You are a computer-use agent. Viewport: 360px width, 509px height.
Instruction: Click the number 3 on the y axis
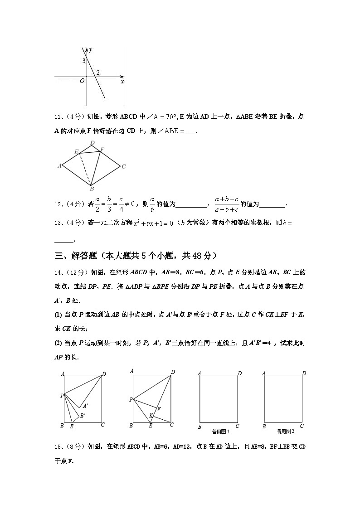coord(84,61)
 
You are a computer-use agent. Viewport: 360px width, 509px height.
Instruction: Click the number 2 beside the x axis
coord(98,73)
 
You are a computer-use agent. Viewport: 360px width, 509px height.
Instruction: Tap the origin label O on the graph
coord(82,81)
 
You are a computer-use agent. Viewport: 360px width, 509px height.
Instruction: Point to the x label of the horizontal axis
coord(122,82)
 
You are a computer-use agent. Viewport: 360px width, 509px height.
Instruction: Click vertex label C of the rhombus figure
coord(123,167)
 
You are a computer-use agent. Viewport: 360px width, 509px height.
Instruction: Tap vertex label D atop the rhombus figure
coord(92,143)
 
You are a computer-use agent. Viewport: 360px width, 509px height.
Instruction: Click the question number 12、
coord(59,204)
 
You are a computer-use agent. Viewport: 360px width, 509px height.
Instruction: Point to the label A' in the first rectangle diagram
coord(85,406)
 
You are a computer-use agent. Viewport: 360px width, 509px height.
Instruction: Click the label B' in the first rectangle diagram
coord(83,415)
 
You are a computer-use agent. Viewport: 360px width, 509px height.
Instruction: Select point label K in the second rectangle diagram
coord(151,415)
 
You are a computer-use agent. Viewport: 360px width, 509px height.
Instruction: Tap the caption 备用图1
coord(221,431)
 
